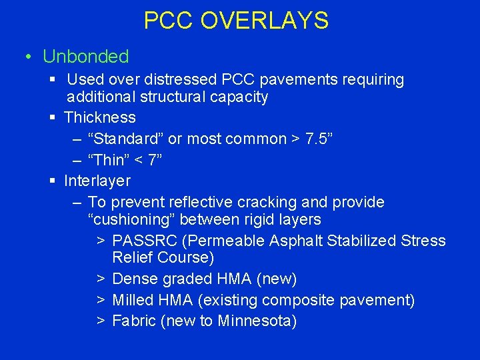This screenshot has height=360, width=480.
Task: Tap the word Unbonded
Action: (x=85, y=57)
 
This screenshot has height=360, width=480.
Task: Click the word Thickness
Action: (x=100, y=118)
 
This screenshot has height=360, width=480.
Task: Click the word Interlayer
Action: (x=97, y=181)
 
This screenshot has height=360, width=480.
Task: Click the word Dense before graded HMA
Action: (x=133, y=279)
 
